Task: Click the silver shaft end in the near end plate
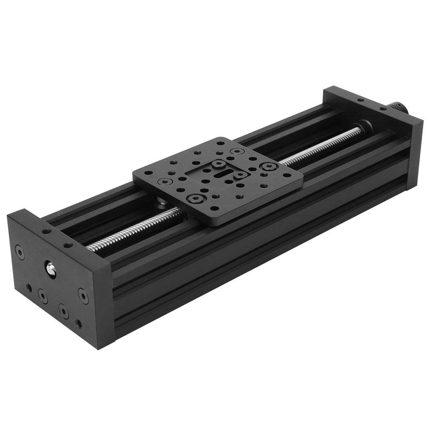[51, 268]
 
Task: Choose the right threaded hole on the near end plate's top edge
[67, 246]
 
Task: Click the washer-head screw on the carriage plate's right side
[269, 166]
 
